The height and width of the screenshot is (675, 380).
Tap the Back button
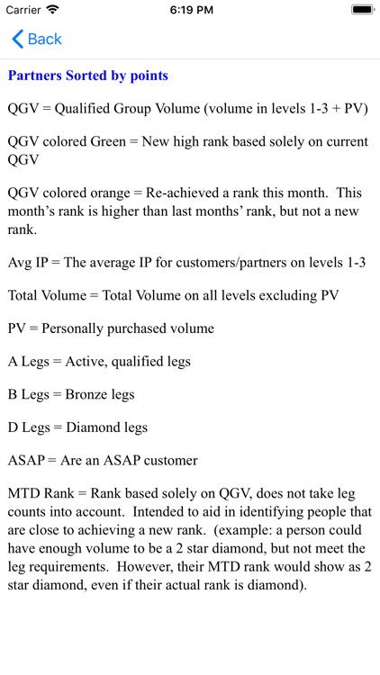37,39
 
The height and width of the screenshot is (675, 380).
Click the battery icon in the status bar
362,9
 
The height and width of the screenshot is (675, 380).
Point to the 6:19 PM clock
189,9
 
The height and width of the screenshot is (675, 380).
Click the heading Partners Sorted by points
87,76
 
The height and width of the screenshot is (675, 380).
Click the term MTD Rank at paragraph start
41,493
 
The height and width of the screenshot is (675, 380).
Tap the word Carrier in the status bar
23,9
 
